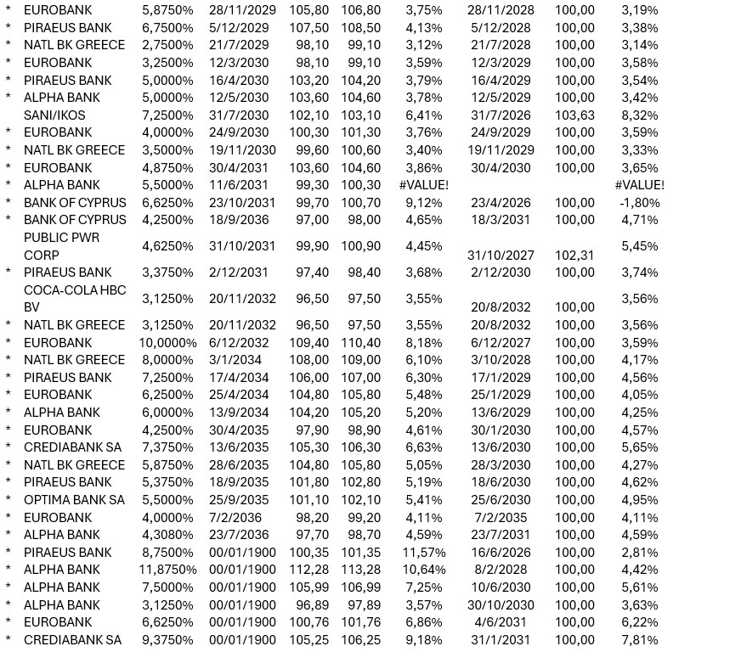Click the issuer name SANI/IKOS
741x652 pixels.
coord(54,115)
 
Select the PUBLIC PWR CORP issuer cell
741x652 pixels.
coord(62,246)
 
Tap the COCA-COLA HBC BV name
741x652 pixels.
coord(75,299)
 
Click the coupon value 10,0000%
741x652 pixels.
coord(168,343)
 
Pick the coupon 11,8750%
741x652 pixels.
coord(168,570)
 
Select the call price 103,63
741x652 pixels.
coord(574,115)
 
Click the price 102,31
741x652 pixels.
coord(574,255)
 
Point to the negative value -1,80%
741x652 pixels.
coord(639,203)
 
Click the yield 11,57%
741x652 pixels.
coord(423,553)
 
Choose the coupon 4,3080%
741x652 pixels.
coord(168,535)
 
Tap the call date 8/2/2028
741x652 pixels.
coord(501,570)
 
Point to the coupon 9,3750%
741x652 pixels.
coord(168,640)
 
